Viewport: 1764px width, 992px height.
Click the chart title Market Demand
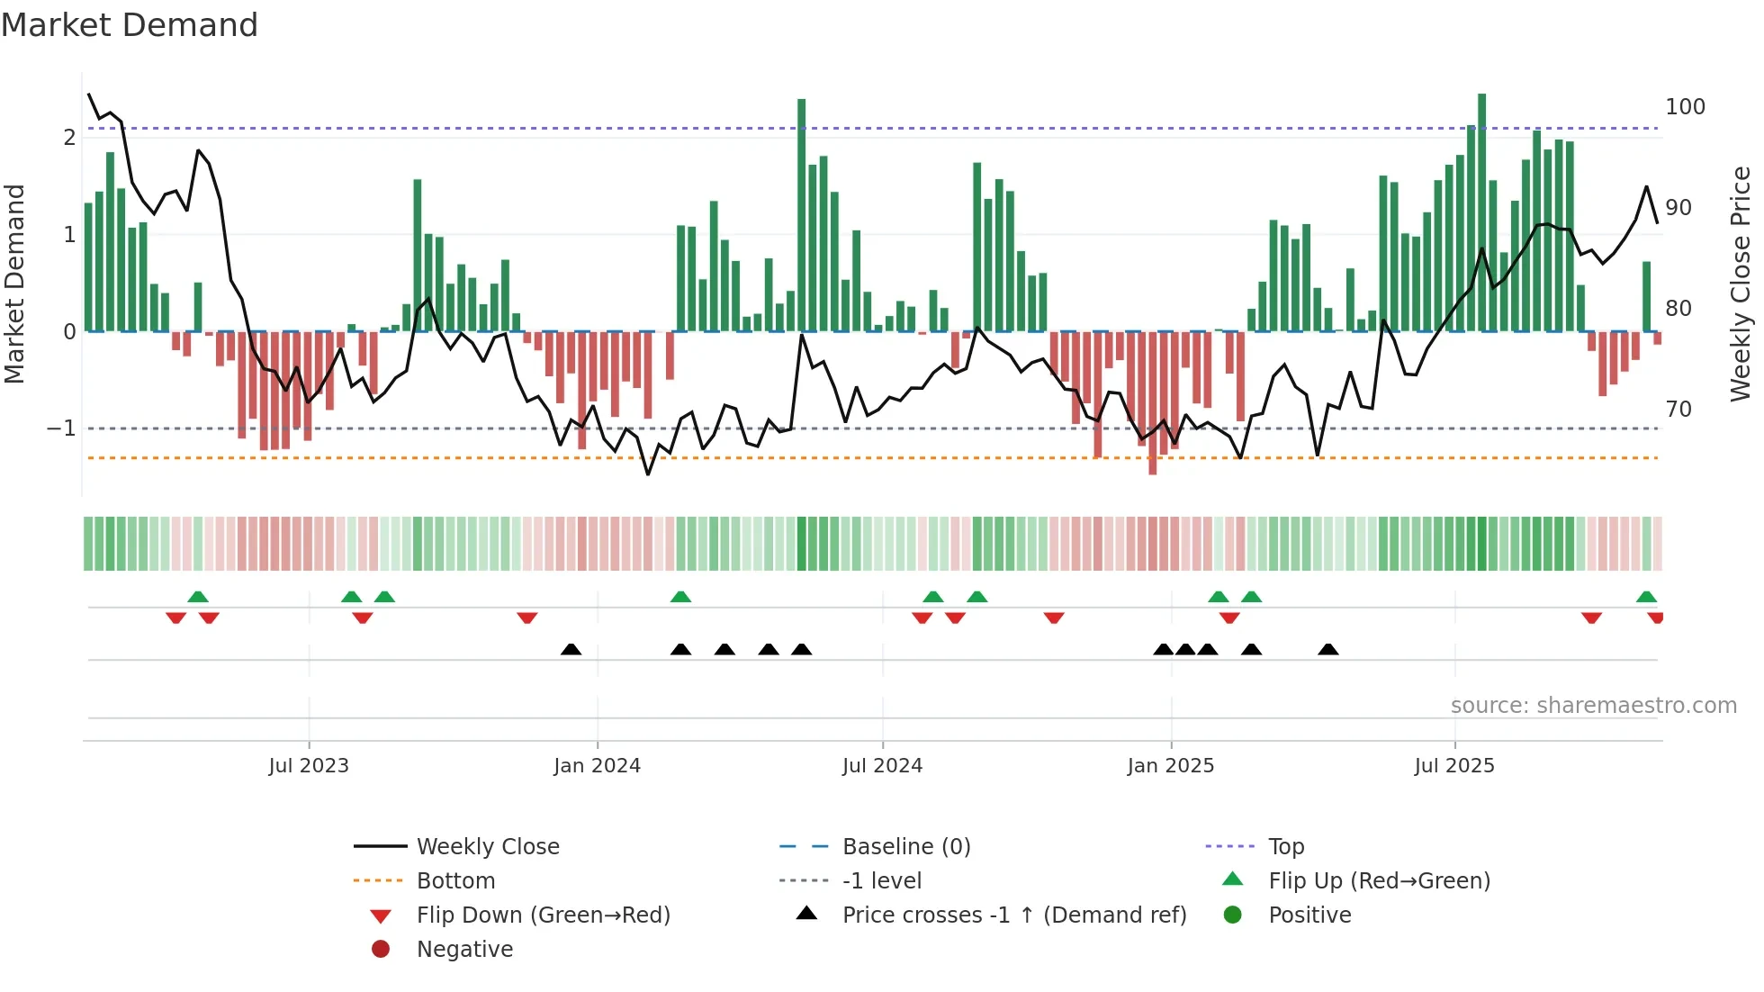(x=130, y=25)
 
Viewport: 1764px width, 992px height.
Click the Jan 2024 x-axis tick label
(x=597, y=766)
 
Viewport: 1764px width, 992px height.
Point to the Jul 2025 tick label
(x=1453, y=766)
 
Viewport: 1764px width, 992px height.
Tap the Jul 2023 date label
(x=309, y=766)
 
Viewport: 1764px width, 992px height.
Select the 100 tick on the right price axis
(x=1685, y=107)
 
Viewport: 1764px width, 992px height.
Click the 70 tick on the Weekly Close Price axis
(x=1678, y=410)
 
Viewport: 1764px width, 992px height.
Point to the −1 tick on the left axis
(x=62, y=428)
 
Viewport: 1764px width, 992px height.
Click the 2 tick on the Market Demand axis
(x=69, y=138)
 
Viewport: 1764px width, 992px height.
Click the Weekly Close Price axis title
(x=1741, y=284)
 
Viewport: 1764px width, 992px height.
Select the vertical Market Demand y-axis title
(x=15, y=284)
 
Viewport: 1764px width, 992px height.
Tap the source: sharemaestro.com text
(x=1593, y=706)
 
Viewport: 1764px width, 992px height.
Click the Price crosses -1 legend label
(x=1014, y=915)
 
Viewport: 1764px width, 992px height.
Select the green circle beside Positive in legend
(x=1233, y=915)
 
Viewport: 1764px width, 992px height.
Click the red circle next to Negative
(x=381, y=950)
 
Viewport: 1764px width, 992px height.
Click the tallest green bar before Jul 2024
(x=802, y=216)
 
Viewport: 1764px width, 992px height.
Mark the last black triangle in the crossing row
(x=1328, y=649)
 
